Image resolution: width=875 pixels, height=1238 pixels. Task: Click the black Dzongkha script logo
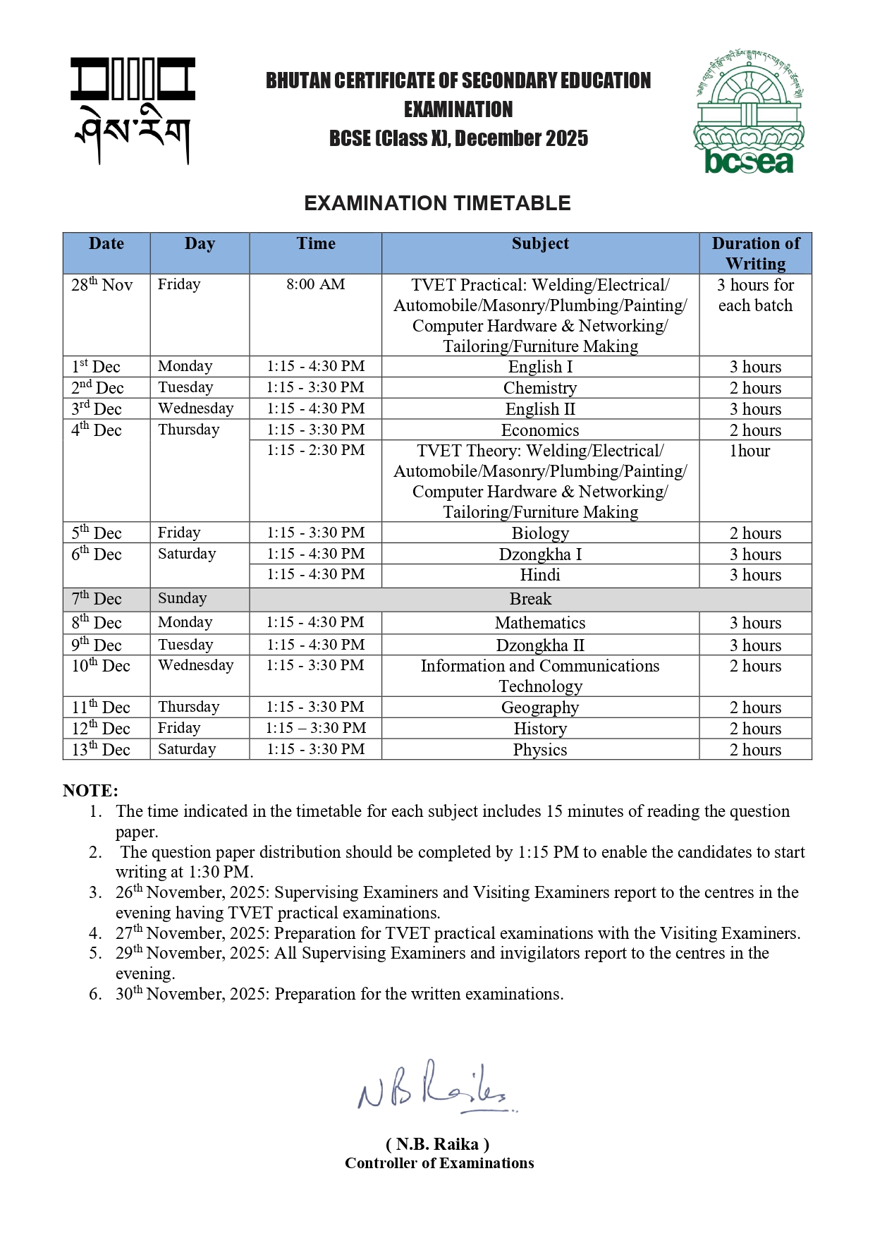[x=133, y=111]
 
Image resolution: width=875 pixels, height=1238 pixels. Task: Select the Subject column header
[x=540, y=244]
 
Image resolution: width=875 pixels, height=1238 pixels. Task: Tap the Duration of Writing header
[x=755, y=253]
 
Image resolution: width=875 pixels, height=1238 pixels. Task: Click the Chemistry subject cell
[x=540, y=388]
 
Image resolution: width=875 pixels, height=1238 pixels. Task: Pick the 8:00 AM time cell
[x=315, y=284]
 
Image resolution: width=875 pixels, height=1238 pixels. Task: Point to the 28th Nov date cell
[x=102, y=285]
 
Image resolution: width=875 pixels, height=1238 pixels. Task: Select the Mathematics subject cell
[x=540, y=623]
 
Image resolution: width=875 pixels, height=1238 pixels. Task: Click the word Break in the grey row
[x=530, y=599]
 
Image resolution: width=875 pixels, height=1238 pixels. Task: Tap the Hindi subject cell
[x=540, y=575]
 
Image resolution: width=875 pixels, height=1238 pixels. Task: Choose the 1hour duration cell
[x=749, y=451]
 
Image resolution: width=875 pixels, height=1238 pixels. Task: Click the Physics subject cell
[x=540, y=750]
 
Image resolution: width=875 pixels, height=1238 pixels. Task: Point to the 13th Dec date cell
[x=101, y=749]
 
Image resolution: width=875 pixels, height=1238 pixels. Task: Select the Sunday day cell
[x=182, y=599]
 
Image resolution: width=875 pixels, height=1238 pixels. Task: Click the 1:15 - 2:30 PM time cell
[x=315, y=450]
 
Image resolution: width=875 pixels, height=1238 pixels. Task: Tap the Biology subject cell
[x=540, y=533]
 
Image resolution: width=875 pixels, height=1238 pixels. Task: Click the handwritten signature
[x=434, y=1087]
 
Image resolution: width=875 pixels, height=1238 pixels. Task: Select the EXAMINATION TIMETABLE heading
[x=437, y=203]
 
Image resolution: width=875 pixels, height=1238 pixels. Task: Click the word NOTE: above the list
[x=90, y=791]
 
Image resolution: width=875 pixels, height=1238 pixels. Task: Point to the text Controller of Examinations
[x=439, y=1163]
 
